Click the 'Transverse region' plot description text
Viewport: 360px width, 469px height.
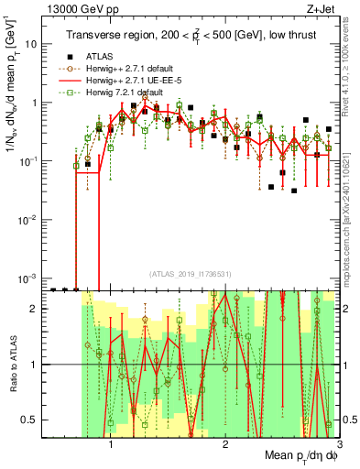(x=195, y=36)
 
